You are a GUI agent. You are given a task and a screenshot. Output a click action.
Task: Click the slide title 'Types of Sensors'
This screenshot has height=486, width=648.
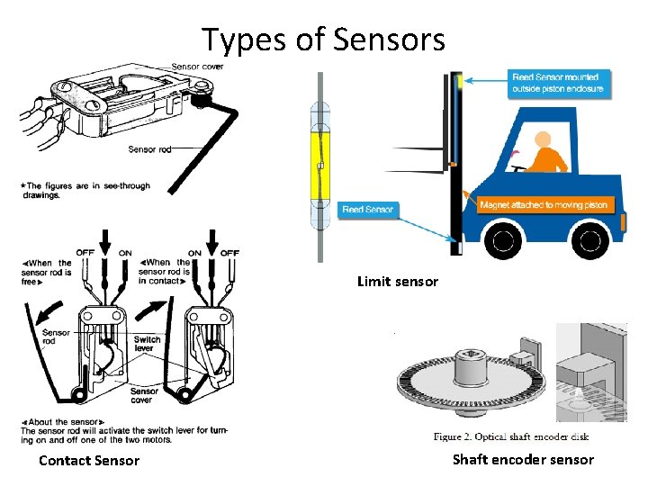click(x=323, y=40)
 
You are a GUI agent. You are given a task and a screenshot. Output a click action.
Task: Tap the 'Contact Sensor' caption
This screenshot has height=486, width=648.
click(x=89, y=461)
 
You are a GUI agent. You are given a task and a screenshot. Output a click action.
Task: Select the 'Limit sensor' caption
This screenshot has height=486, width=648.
click(x=398, y=282)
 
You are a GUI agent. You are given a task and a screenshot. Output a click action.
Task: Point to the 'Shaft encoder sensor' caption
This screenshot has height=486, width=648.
click(x=523, y=460)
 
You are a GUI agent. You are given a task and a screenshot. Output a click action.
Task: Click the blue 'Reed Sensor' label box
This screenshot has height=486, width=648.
click(x=368, y=210)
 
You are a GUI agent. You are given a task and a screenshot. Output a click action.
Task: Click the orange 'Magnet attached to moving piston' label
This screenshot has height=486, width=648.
click(x=543, y=205)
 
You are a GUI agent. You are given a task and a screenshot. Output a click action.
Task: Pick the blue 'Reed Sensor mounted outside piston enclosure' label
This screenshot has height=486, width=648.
click(x=554, y=83)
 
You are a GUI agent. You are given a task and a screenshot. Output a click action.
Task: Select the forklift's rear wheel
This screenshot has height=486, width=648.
click(x=590, y=240)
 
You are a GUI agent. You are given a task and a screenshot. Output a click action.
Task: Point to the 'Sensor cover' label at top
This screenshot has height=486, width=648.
click(x=197, y=67)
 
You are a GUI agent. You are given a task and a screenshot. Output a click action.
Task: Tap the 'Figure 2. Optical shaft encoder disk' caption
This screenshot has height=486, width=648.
click(x=510, y=437)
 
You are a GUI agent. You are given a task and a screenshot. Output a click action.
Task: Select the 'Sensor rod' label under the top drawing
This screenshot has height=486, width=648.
click(x=149, y=149)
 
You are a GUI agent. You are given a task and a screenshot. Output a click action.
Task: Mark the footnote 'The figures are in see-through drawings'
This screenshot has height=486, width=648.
click(x=85, y=190)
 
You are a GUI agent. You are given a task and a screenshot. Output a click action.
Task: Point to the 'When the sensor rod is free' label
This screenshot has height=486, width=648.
click(x=46, y=272)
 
